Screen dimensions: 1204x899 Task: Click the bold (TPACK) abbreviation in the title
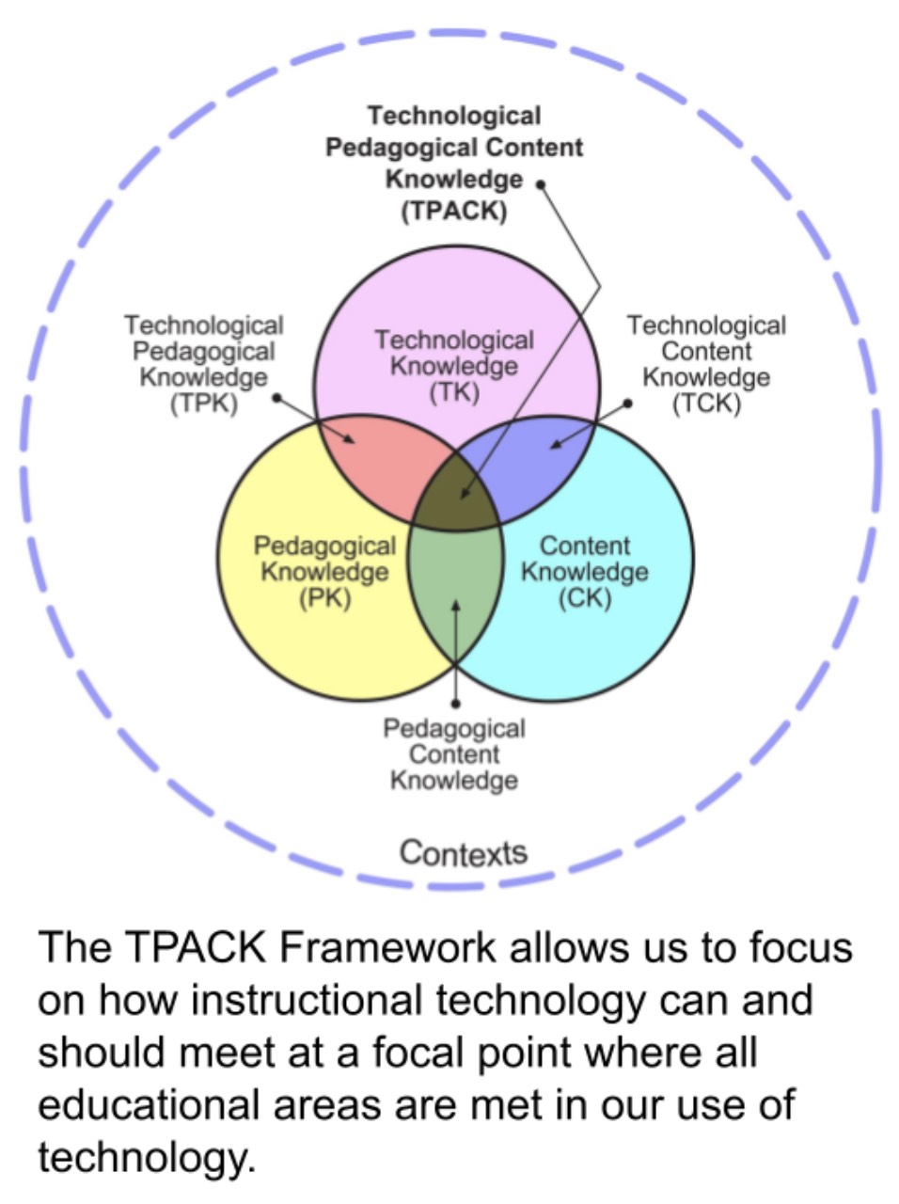click(454, 211)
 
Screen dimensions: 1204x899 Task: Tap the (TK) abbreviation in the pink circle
click(454, 392)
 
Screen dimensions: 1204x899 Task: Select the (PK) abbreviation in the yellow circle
click(324, 598)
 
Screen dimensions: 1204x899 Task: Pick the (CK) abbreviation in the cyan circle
click(584, 598)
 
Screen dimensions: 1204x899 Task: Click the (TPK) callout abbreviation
click(203, 404)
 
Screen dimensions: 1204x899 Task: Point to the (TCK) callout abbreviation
click(706, 404)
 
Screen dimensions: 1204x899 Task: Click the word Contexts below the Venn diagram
click(463, 853)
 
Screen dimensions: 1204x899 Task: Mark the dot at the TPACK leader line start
click(541, 184)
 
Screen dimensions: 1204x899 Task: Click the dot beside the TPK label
click(276, 398)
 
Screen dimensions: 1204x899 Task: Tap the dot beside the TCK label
click(628, 403)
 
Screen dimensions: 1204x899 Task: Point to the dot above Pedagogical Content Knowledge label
click(456, 703)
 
